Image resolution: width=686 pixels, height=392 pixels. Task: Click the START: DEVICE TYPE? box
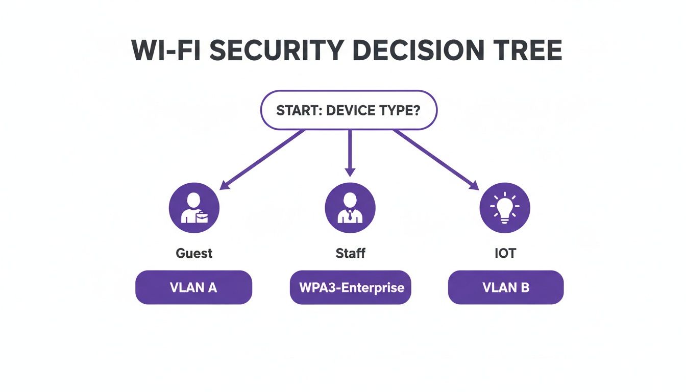point(349,111)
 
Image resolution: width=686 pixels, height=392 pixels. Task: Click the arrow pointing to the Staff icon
point(350,153)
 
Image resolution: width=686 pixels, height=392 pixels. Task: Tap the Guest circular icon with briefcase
point(194,209)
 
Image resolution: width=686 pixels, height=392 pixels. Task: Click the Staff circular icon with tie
point(350,209)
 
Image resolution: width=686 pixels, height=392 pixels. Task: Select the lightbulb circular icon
point(505,209)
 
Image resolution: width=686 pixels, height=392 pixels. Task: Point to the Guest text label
point(194,253)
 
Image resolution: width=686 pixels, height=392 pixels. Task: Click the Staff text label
point(350,253)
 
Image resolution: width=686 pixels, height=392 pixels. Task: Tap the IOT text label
point(505,253)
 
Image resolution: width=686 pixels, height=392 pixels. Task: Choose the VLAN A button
point(193,287)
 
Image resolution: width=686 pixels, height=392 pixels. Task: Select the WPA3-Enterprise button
point(350,287)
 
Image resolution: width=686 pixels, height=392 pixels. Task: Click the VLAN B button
point(505,287)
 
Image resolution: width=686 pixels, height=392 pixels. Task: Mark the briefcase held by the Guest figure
point(203,218)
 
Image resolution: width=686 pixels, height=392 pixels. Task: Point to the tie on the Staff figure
point(350,215)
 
